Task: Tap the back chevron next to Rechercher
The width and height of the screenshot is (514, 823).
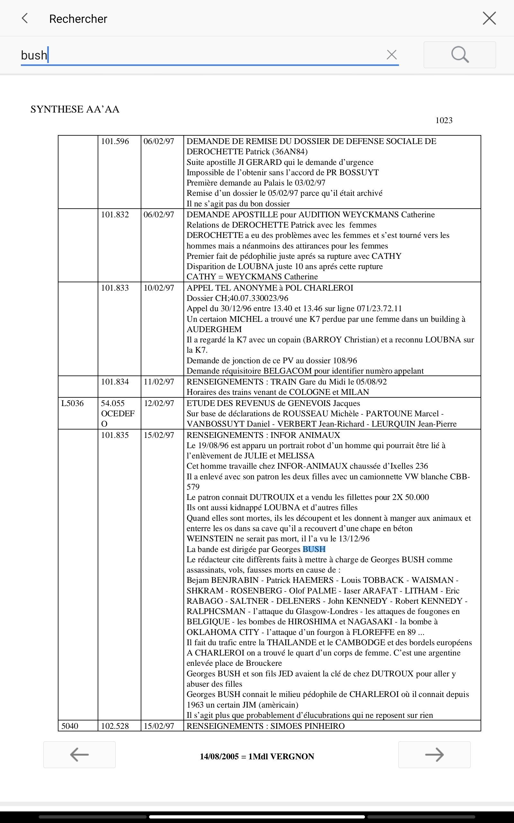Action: coord(24,18)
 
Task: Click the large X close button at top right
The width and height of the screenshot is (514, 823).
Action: coord(489,18)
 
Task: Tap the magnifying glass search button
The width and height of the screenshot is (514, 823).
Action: coord(460,55)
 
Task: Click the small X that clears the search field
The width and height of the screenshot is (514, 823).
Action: coord(392,55)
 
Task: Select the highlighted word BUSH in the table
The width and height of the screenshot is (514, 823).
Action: coord(314,549)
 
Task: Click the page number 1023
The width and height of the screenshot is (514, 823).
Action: coord(444,120)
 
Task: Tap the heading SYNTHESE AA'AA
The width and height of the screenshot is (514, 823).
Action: coord(75,110)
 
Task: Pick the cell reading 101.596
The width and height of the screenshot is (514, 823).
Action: coord(115,141)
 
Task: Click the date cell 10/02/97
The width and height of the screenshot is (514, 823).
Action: coord(159,288)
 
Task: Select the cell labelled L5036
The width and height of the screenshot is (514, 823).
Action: coord(72,403)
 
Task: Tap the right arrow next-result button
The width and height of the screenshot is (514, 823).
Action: coord(434,755)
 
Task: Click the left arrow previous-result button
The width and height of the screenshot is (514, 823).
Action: coord(79,755)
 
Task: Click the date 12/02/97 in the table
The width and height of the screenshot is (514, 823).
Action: coord(159,403)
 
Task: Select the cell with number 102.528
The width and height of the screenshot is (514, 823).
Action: coord(115,726)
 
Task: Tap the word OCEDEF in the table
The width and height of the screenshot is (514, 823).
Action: coord(118,413)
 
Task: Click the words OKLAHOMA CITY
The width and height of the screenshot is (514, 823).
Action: coord(223,632)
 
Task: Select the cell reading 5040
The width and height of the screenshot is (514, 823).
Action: coord(70,726)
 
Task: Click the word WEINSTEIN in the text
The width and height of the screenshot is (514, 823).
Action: coord(210,539)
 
